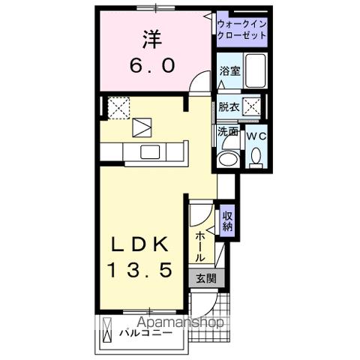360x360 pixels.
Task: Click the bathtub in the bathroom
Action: coord(256,72)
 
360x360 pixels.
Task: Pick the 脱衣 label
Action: coord(229,107)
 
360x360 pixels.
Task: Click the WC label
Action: coord(255,136)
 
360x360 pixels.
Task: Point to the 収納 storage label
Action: coord(227,220)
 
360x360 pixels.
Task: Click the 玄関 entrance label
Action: coord(205,277)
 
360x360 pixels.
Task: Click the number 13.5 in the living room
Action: coord(145,268)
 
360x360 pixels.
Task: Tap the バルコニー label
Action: coord(147,331)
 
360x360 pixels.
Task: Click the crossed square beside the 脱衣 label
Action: coord(253,107)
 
